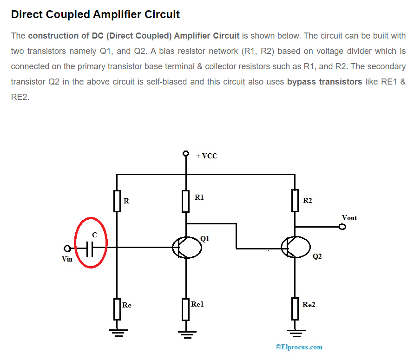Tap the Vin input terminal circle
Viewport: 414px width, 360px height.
(x=67, y=249)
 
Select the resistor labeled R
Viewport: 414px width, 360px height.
(x=117, y=201)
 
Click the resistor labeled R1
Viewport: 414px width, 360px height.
(x=186, y=201)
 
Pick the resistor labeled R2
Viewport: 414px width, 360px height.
(x=295, y=200)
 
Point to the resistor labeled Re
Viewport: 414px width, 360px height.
(x=117, y=309)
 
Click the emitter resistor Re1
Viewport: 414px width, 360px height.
(x=186, y=309)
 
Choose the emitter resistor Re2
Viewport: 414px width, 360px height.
(x=295, y=309)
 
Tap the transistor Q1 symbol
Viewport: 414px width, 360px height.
(x=186, y=247)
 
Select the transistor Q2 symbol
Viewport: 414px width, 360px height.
(x=295, y=247)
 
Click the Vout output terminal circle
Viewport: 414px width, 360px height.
(x=342, y=227)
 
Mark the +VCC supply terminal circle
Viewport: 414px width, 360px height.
(x=186, y=153)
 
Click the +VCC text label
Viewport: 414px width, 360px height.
(x=206, y=156)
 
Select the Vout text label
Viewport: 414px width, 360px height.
(x=349, y=217)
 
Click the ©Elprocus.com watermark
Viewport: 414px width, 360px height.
(x=299, y=347)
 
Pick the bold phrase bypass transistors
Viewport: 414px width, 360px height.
(x=324, y=82)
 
